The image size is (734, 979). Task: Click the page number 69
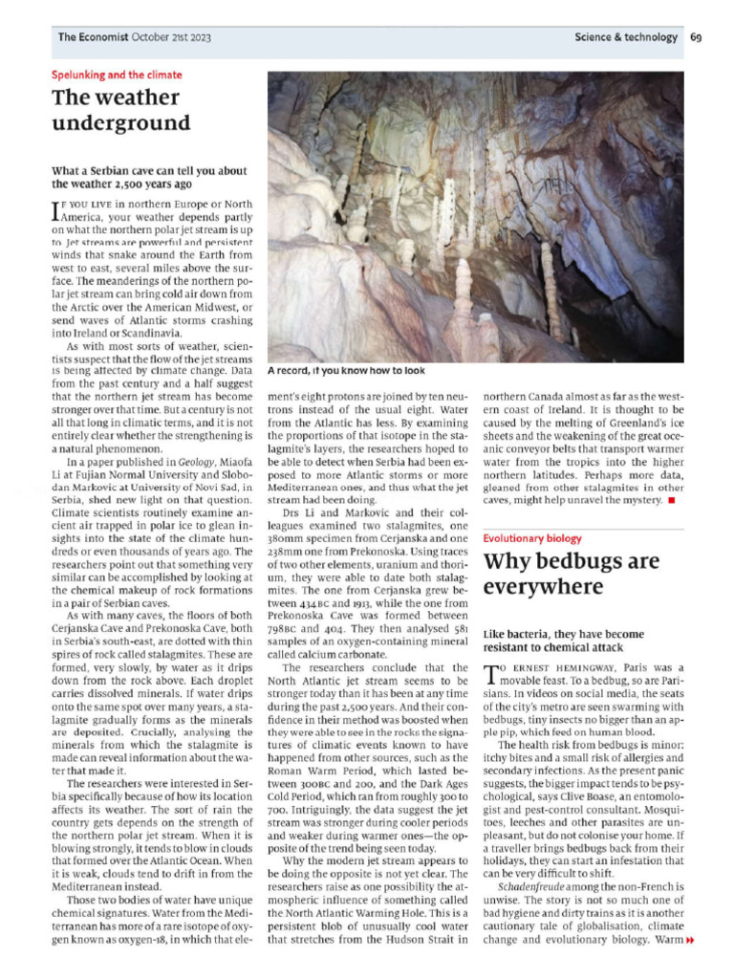696,37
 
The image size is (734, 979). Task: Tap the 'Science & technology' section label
626,37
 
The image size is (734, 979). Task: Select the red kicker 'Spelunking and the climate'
116,75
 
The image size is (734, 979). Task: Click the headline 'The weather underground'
120,110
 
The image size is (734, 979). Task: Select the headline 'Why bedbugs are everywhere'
572,574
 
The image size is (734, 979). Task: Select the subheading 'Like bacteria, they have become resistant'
564,641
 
